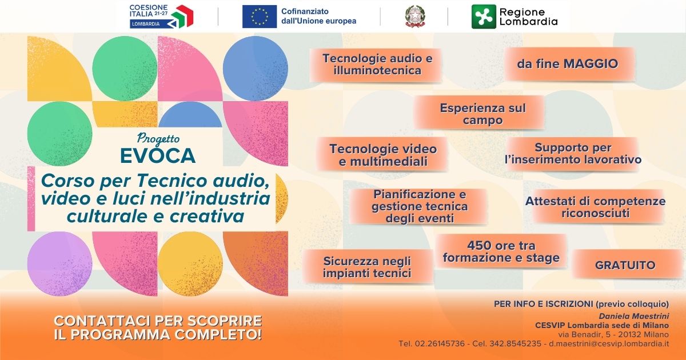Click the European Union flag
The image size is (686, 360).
click(x=260, y=17)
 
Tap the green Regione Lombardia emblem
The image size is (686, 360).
click(x=484, y=17)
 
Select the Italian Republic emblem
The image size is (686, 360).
click(x=415, y=17)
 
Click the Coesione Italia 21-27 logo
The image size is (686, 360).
click(x=161, y=17)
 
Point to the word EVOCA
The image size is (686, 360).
click(x=158, y=155)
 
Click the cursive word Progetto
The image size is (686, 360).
click(x=158, y=139)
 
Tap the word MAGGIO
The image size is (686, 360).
click(x=591, y=63)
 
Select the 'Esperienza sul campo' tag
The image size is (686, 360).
click(x=480, y=113)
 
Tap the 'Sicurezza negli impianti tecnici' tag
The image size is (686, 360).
click(x=368, y=267)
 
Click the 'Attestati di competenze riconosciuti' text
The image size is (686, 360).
click(x=595, y=207)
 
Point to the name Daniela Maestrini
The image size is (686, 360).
click(x=634, y=316)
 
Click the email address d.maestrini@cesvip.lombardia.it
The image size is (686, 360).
click(x=609, y=344)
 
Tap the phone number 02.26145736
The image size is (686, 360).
click(x=440, y=344)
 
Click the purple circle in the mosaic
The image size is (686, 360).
click(x=59, y=264)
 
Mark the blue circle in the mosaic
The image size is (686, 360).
click(x=255, y=69)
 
